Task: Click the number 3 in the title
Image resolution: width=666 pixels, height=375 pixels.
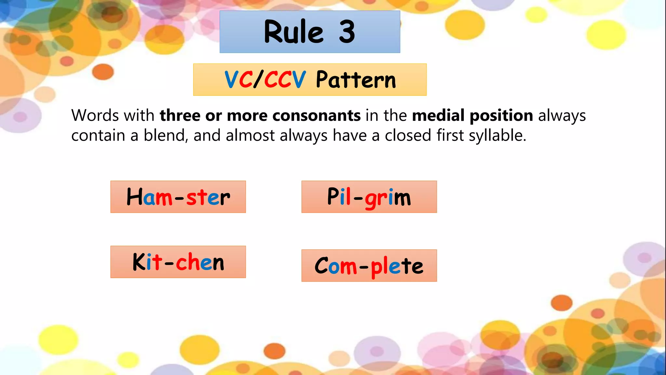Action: point(347,32)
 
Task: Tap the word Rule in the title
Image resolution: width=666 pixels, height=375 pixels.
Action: point(294,32)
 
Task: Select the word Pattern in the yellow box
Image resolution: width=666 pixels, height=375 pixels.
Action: point(356,80)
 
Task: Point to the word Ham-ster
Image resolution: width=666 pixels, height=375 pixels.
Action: point(178,197)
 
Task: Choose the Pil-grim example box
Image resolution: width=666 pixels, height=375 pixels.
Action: point(369,197)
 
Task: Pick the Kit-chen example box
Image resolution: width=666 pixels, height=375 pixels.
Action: point(178,262)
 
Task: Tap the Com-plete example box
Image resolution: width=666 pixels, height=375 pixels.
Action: point(369,266)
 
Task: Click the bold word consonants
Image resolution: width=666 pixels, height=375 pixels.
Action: point(316,116)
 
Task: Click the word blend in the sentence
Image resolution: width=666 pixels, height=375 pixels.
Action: point(164,135)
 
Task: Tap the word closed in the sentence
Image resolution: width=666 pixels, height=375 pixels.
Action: point(408,135)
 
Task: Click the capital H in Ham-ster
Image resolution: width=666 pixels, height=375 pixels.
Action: point(134,197)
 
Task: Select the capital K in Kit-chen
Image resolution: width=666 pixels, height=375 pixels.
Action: point(139,262)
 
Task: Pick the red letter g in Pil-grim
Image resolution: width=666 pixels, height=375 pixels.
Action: point(370,199)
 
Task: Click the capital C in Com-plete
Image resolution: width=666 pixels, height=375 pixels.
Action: point(321,266)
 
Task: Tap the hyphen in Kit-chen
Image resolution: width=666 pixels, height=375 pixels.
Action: point(169,263)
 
